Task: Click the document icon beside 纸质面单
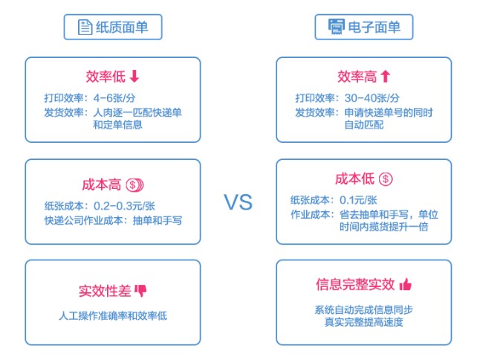click(85, 28)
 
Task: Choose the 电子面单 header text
click(375, 28)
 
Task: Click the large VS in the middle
click(239, 202)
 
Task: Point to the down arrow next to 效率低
click(134, 76)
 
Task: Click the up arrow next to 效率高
click(385, 76)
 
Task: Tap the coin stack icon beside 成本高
click(134, 184)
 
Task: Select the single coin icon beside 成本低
click(385, 179)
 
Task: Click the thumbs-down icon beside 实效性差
click(141, 290)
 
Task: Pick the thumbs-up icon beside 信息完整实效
click(405, 285)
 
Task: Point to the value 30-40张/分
click(372, 97)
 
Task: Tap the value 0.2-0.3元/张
click(124, 205)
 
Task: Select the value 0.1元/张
click(360, 199)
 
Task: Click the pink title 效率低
click(105, 76)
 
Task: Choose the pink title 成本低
click(355, 179)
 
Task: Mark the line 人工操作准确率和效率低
click(113, 315)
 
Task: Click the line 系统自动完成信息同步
click(363, 309)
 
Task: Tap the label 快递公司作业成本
click(85, 219)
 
